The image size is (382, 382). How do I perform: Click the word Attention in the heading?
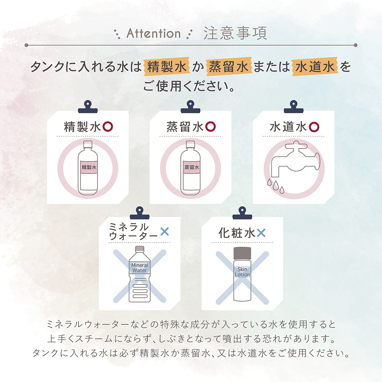[154, 33]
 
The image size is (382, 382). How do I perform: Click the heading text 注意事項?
[235, 33]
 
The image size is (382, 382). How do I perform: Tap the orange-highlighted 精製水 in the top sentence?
[167, 66]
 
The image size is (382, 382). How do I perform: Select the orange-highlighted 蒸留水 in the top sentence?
[229, 66]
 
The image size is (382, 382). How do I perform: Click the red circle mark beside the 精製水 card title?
[108, 127]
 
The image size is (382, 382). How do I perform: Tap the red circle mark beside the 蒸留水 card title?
[210, 127]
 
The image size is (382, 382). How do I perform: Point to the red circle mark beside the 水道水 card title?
[314, 127]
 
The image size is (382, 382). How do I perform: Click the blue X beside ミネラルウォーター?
[165, 231]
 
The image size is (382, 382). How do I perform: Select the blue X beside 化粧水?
[261, 233]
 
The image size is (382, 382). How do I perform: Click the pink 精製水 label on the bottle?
[89, 167]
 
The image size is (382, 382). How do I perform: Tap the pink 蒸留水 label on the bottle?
[192, 167]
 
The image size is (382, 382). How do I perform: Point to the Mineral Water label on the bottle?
[139, 268]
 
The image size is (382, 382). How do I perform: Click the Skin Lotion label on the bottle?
[242, 272]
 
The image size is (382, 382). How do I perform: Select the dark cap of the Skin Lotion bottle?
[242, 253]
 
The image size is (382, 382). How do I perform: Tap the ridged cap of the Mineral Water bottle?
[139, 249]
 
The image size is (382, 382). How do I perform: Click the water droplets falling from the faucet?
[275, 186]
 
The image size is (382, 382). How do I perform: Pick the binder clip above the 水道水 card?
[293, 107]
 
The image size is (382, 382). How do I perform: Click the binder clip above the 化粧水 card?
[242, 213]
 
